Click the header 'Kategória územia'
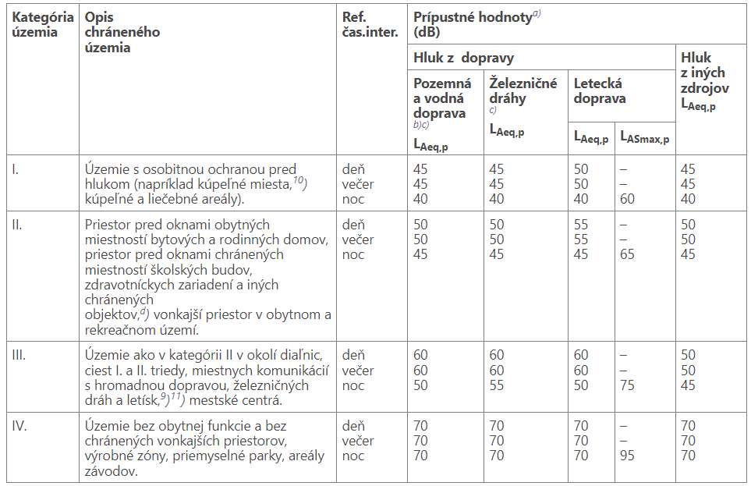43,24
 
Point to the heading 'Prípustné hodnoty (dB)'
473,24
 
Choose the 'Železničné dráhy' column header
523,90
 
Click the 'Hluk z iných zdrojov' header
707,81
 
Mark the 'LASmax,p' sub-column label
645,137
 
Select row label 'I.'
16,169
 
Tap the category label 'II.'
17,224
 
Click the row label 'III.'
19,355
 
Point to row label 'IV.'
19,425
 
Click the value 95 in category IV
628,456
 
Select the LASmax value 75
628,385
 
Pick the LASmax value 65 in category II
628,254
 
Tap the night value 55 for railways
497,385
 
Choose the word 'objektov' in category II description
110,314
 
